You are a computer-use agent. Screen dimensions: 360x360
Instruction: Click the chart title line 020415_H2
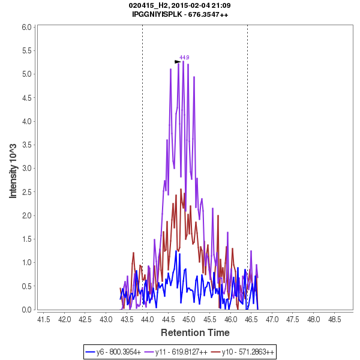180,5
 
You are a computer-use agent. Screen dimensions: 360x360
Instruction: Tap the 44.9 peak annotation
185,58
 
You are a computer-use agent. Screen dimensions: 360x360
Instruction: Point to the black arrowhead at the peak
178,62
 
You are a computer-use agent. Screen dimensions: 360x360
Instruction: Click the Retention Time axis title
195,332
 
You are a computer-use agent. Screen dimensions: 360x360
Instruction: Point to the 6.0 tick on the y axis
27,27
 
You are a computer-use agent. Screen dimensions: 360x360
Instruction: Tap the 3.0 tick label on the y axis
27,169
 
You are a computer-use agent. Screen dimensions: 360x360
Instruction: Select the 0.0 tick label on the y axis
27,310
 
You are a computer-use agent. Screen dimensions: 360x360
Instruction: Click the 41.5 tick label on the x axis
43,319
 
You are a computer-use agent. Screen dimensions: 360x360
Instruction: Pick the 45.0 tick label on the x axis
189,319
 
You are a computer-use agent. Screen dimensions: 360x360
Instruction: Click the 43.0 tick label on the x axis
106,319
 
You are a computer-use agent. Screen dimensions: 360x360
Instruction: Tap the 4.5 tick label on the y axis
27,98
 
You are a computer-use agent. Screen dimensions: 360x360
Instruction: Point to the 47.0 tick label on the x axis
272,319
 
